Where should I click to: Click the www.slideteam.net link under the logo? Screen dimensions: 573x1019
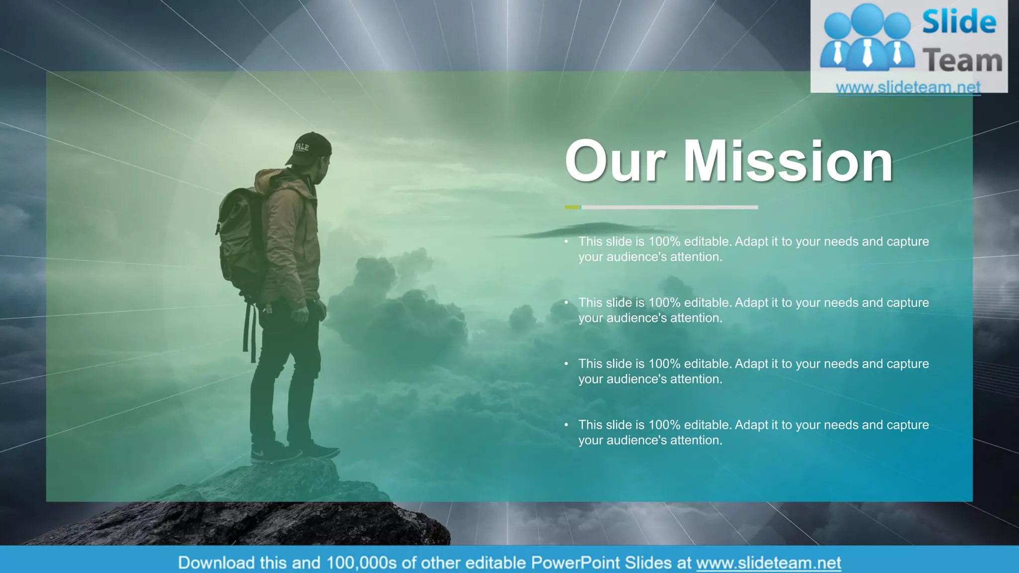[x=908, y=88]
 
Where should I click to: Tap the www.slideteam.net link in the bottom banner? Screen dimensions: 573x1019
[x=768, y=563]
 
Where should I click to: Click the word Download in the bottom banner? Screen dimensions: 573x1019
[x=216, y=563]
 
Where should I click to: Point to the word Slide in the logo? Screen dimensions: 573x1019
[x=959, y=22]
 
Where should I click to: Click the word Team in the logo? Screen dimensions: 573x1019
[x=962, y=61]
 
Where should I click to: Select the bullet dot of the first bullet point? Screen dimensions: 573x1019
[x=566, y=242]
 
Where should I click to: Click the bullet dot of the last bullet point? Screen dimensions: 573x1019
[x=566, y=425]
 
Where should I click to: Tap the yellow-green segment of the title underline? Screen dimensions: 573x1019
[x=572, y=207]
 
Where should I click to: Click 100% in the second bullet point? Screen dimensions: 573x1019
[x=664, y=302]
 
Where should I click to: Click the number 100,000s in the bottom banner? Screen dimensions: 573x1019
[x=361, y=563]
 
